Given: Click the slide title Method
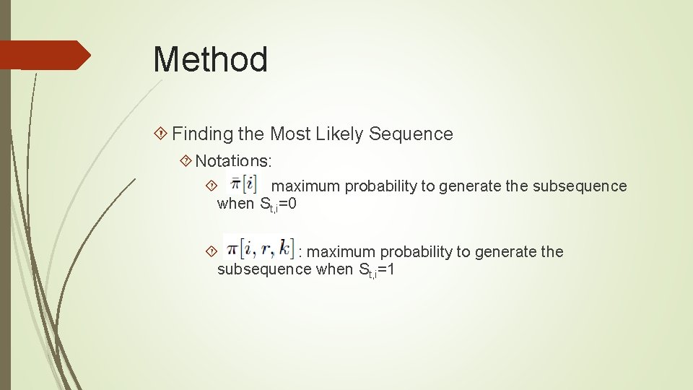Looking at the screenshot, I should [210, 59].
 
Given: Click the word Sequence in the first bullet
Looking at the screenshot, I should [411, 134].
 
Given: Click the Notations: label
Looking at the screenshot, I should [233, 160].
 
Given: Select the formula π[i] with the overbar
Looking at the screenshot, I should [242, 181].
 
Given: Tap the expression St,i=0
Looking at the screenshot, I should [277, 204].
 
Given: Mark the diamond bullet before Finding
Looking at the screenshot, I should [162, 134].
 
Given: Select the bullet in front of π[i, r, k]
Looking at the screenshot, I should [211, 252].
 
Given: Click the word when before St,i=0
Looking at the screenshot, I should [235, 204].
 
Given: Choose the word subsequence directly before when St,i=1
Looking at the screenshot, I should [264, 270].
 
